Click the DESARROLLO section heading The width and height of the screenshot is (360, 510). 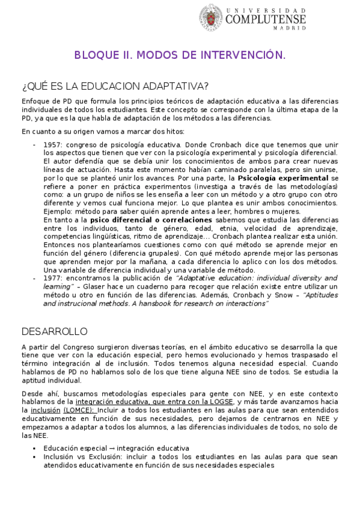[x=55, y=331]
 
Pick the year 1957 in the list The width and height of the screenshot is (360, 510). [x=52, y=145]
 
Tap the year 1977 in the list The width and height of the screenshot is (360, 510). [x=52, y=278]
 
